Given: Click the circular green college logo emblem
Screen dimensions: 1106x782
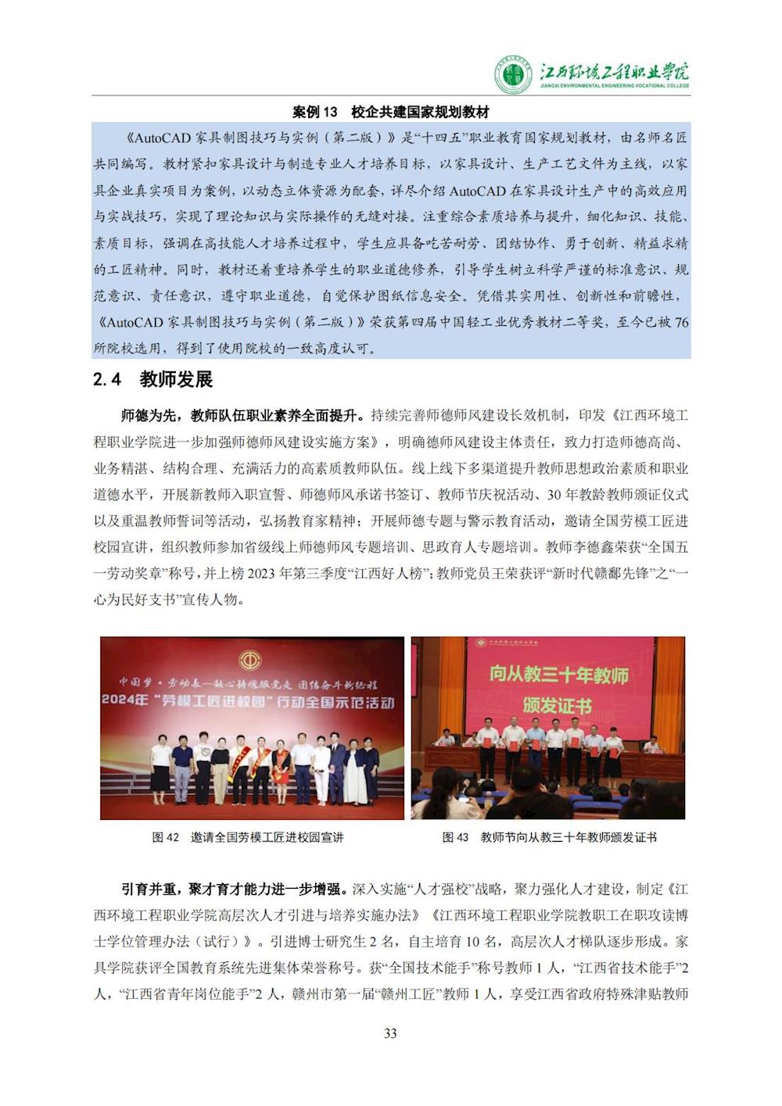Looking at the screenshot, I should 513,75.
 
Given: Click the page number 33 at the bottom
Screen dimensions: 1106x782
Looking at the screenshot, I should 390,1033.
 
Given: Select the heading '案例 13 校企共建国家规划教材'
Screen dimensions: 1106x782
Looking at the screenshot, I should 390,112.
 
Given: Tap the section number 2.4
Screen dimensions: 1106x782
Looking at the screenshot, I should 108,380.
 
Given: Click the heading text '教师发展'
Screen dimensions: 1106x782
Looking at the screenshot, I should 176,380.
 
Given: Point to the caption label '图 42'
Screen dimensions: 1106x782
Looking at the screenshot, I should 166,837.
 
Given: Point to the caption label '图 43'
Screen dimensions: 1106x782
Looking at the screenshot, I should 455,837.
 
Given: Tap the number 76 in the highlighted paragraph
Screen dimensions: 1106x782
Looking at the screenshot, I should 680,322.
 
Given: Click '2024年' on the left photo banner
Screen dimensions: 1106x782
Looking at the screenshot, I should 124,701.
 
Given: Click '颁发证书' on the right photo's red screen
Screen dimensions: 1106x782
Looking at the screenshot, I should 558,705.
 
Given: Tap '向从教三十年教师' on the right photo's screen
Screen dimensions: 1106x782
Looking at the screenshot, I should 558,674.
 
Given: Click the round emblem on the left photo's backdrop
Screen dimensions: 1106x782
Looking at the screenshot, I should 251,656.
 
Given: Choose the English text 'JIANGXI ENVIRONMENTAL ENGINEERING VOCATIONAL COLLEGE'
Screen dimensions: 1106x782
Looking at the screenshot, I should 615,86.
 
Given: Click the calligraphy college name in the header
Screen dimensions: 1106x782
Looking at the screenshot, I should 615,72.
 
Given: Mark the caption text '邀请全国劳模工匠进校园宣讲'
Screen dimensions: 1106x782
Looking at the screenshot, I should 267,837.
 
